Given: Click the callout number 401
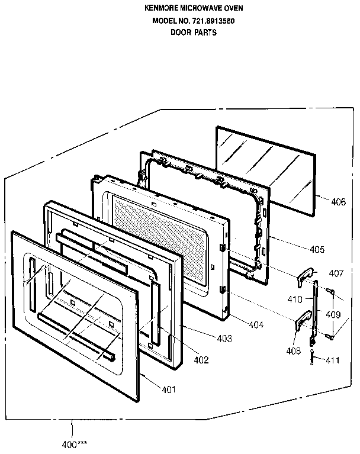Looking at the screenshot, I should pos(169,389).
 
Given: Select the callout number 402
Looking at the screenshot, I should pos(201,359).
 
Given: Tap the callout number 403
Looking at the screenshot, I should pos(224,339).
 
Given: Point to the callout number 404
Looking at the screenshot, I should pos(255,325).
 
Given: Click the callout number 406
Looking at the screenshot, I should pos(338,202).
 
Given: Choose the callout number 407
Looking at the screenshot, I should pos(336,273).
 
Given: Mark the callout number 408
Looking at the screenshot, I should pos(293,351).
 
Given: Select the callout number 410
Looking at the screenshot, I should pos(295,300).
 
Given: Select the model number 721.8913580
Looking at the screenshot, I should pos(205,21).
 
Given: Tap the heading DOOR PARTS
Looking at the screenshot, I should pos(194,33).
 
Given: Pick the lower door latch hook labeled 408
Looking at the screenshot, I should pos(303,320).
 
